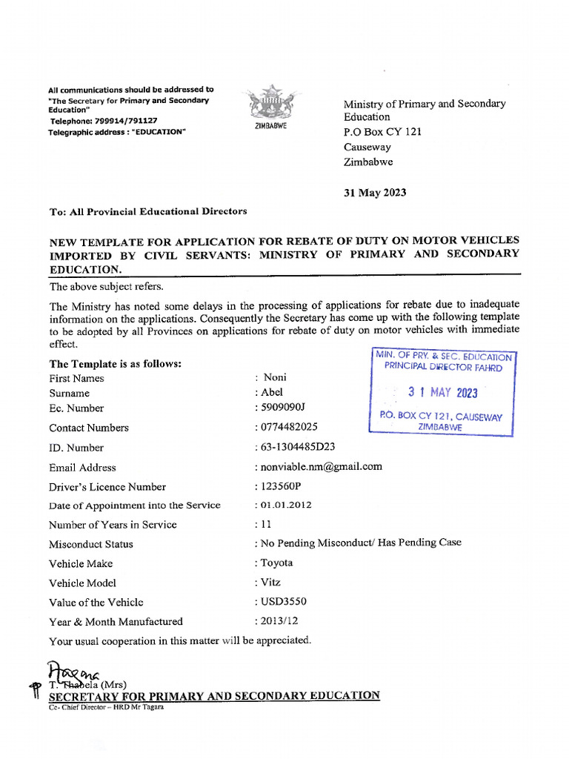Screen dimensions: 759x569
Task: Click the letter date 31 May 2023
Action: [375, 193]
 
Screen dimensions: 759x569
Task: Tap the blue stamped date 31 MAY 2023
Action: [443, 393]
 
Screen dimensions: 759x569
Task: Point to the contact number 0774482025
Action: [288, 428]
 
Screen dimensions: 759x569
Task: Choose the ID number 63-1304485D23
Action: [296, 447]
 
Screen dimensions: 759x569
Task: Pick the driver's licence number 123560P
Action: [285, 486]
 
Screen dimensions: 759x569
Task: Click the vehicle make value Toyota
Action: [276, 563]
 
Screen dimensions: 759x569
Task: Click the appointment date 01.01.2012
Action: [285, 505]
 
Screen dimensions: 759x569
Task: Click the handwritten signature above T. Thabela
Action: [74, 672]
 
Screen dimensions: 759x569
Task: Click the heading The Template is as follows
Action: [116, 364]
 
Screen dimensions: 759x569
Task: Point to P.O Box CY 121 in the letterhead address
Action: [382, 132]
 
